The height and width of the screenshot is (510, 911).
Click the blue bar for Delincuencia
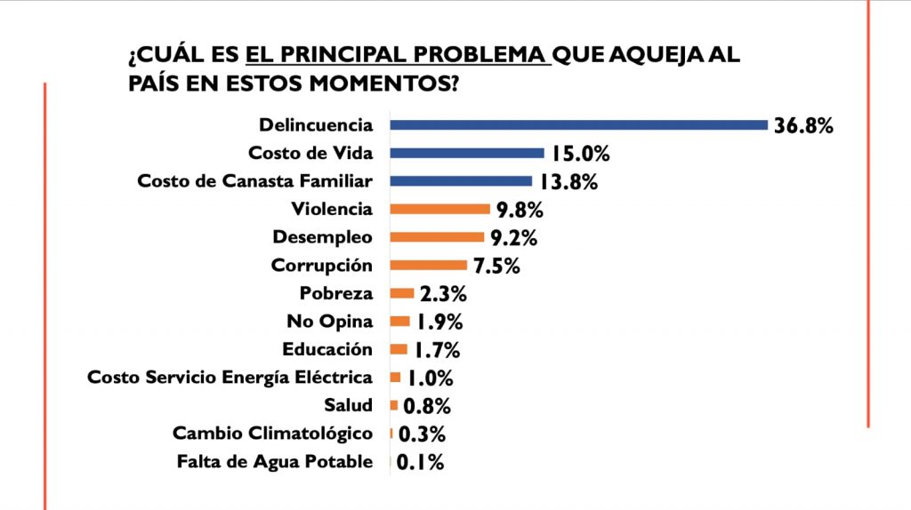[578, 125]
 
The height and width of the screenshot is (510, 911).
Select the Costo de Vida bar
[467, 153]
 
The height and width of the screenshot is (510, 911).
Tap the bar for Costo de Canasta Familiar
[461, 181]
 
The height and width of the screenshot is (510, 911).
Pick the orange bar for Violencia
[440, 210]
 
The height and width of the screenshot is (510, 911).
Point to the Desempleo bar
[439, 237]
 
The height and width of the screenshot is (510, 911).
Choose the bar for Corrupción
[429, 266]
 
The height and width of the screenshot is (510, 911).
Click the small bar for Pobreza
[402, 293]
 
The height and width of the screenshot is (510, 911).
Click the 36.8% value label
[803, 126]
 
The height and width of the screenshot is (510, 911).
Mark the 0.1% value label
[421, 462]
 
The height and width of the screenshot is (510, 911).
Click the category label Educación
[327, 349]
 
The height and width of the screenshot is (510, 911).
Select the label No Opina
[330, 321]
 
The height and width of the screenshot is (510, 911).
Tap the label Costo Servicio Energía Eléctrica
[230, 378]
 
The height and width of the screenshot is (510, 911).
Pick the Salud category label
[351, 406]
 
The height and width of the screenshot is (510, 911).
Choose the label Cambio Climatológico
[272, 434]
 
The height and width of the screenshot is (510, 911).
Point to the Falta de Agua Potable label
[275, 462]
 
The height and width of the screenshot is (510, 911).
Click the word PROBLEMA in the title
[484, 55]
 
